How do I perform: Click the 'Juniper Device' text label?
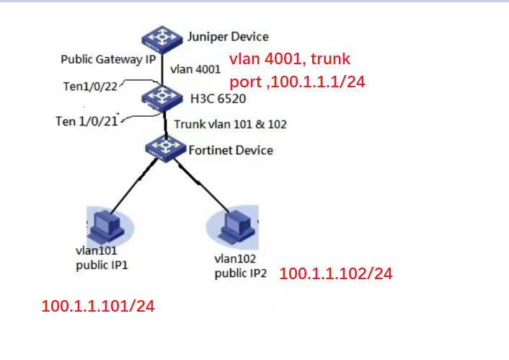point(227,36)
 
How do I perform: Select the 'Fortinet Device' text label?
point(230,150)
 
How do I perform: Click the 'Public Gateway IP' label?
point(108,59)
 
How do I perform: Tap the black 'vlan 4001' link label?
point(195,69)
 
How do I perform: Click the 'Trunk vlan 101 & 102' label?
point(231,124)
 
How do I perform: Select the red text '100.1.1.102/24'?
point(335,274)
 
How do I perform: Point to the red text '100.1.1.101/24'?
point(98,307)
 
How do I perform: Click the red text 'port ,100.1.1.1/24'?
point(297,82)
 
